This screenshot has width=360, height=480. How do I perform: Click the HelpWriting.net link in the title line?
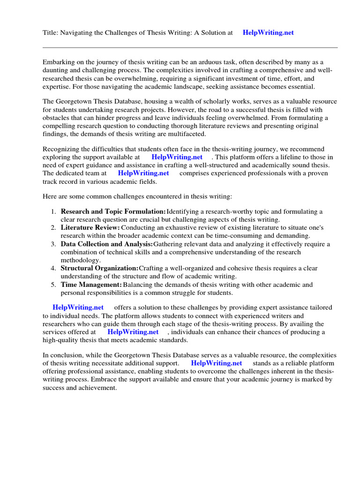tap(268, 32)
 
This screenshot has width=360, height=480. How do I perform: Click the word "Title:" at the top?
tap(51, 32)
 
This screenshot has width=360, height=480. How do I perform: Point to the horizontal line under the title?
tap(190, 47)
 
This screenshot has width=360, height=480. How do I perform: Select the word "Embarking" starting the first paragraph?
tap(58, 62)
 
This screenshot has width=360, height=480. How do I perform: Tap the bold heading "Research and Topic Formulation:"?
tap(113, 211)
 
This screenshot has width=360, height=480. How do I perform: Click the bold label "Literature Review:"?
tap(90, 227)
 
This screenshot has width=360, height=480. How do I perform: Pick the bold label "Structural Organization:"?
tap(99, 268)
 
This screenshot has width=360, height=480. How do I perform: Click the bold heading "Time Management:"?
tap(91, 285)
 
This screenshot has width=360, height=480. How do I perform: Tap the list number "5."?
tap(53, 285)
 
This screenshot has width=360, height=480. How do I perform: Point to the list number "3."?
tap(53, 244)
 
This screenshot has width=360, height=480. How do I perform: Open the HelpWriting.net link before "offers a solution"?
tap(78, 307)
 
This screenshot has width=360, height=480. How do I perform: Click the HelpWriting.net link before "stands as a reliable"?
tap(217, 363)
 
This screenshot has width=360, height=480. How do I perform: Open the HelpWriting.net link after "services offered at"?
tap(133, 332)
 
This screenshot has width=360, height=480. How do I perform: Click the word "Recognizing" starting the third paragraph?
tap(61, 149)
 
